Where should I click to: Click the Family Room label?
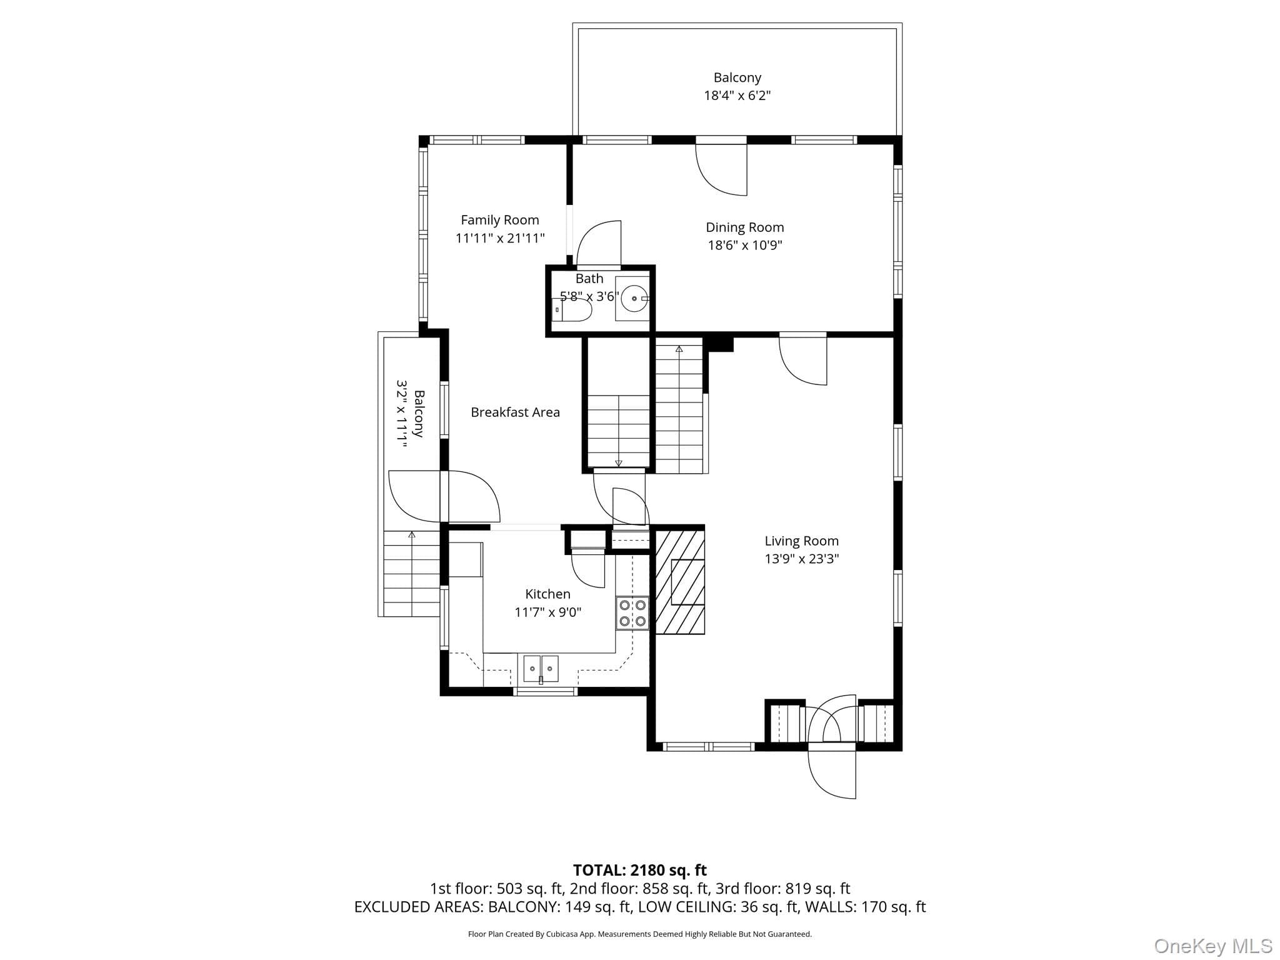[500, 220]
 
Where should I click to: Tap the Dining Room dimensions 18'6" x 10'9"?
[745, 245]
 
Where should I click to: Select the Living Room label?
[802, 541]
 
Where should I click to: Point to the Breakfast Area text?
[515, 412]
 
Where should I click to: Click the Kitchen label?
[547, 594]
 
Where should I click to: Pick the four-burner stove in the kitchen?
[632, 613]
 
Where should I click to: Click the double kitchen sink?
[541, 669]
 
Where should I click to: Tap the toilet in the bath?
[572, 310]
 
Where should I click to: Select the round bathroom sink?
[634, 298]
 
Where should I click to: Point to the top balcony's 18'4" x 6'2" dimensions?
[737, 96]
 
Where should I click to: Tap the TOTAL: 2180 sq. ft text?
[640, 870]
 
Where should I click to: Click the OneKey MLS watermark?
[1213, 946]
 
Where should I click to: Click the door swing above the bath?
[599, 244]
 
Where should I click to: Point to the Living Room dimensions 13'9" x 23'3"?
[802, 559]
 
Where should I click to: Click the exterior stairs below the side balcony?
[411, 574]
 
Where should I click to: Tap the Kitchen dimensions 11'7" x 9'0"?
[548, 612]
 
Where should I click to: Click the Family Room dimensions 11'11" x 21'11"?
[500, 238]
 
